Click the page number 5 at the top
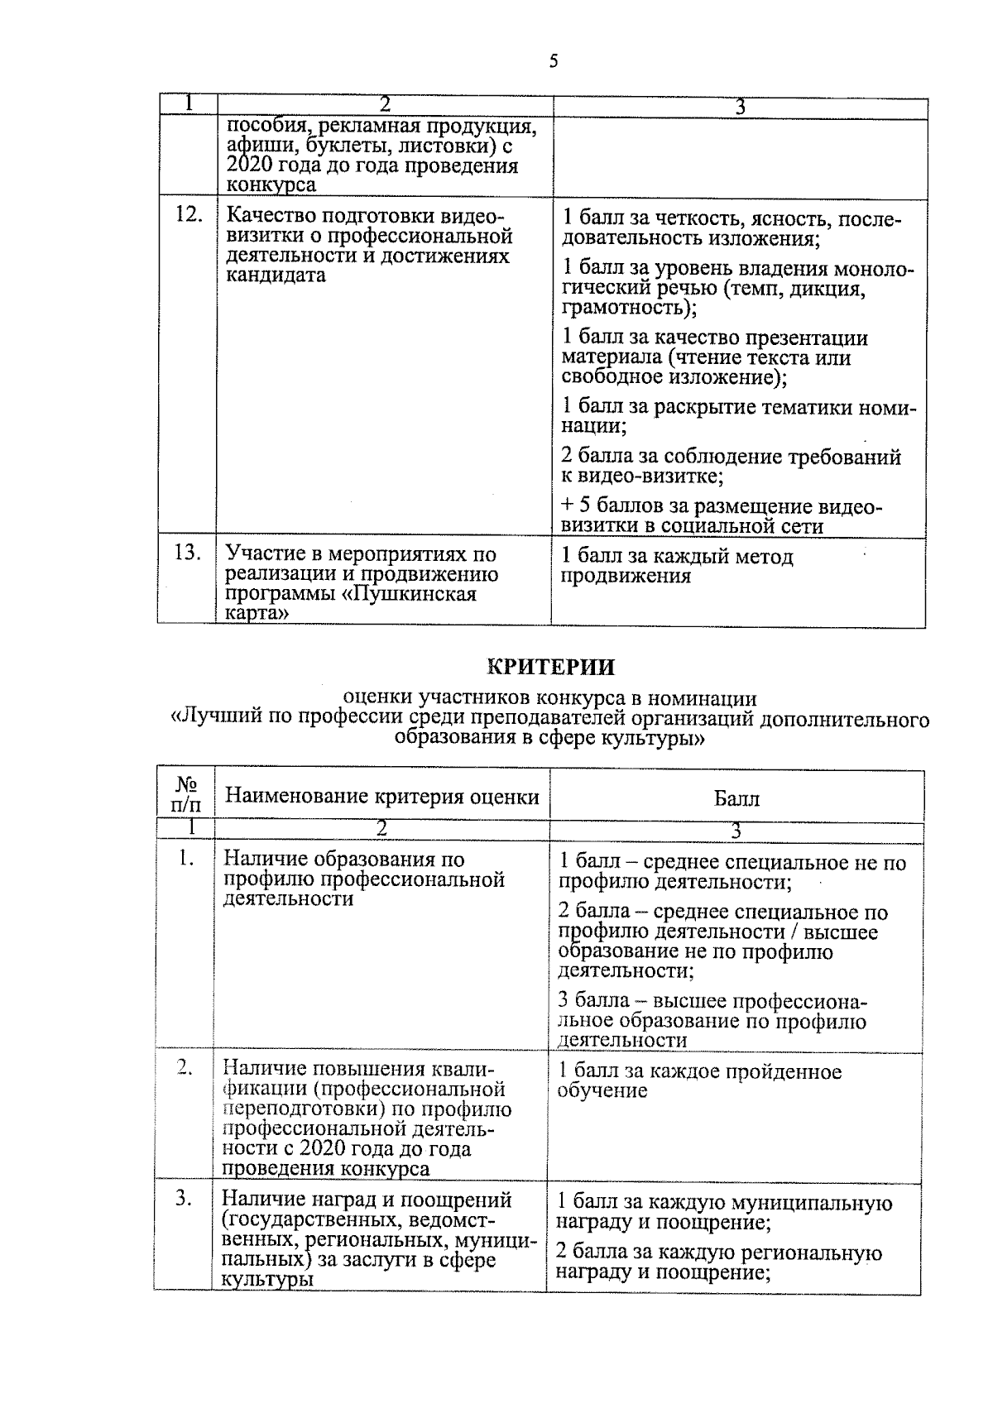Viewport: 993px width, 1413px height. pos(553,62)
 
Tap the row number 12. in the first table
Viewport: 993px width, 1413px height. pos(189,214)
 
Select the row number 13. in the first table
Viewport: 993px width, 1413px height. pos(189,553)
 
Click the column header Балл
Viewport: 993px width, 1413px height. pos(736,798)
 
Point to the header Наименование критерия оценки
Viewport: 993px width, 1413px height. pos(382,797)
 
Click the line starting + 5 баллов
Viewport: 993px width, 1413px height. pos(720,507)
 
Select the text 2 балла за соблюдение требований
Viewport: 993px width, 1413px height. pos(730,457)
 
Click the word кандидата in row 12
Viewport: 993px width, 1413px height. pos(276,275)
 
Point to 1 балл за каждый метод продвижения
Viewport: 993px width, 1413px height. pos(677,566)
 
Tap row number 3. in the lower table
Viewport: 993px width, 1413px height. pos(185,1198)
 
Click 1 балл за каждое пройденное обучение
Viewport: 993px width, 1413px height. pos(699,1081)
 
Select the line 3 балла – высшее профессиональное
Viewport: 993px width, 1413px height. pos(712,1002)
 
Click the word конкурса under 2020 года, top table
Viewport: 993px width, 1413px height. pos(271,184)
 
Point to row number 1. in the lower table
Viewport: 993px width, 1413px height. pos(186,860)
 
